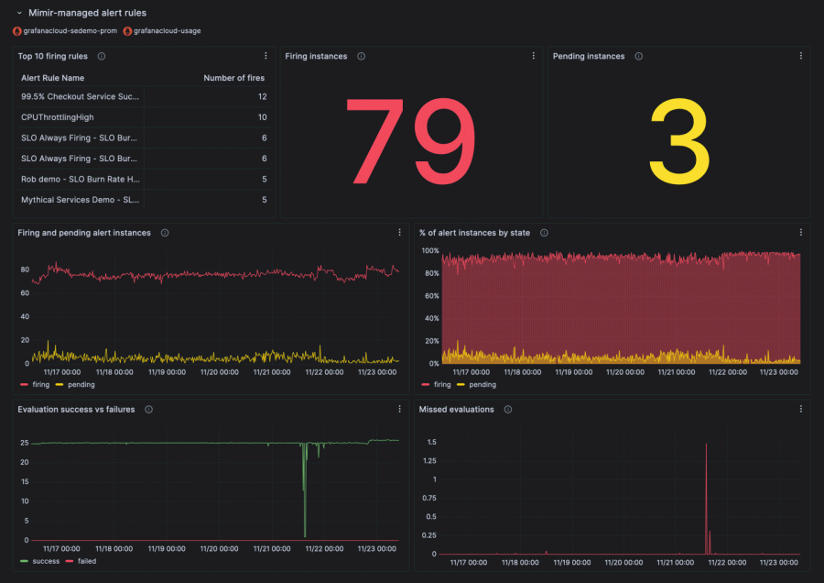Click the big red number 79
pos(409,139)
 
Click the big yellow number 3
pos(678,139)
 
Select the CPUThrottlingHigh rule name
pos(57,117)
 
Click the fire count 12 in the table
pos(262,96)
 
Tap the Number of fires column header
pos(234,78)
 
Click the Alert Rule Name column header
pos(52,78)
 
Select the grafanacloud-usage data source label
pos(167,30)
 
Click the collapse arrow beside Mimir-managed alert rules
pos(19,14)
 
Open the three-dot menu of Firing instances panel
pos(534,56)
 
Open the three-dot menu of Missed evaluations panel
pos(801,410)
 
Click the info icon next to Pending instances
pos(638,56)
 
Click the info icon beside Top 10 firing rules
pos(102,56)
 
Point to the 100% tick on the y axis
pos(428,250)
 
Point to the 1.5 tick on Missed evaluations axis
pos(430,442)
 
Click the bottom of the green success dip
pos(305,535)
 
